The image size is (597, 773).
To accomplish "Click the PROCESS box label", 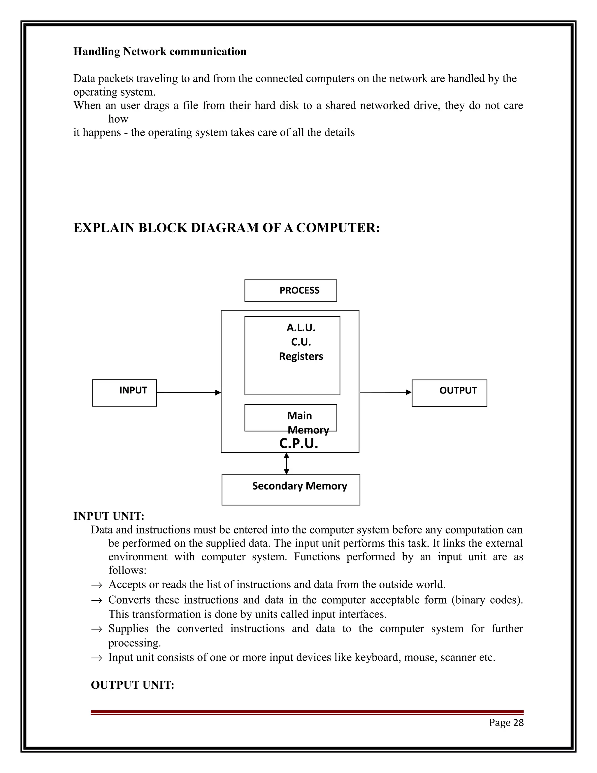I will (299, 290).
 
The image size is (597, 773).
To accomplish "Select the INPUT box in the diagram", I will (124, 393).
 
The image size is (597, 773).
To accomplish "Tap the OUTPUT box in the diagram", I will (449, 393).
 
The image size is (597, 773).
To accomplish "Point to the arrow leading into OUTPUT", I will (385, 392).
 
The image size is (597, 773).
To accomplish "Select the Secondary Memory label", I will (299, 486).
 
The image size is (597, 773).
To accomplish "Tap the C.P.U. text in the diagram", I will (298, 443).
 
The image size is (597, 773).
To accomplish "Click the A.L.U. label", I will (301, 328).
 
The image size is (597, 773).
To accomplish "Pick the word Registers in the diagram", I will (301, 356).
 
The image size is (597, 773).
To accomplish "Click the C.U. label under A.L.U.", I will (301, 342).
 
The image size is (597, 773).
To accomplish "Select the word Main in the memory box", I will (299, 415).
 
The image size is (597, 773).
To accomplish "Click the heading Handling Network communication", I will (159, 52).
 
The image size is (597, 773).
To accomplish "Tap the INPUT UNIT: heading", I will (108, 516).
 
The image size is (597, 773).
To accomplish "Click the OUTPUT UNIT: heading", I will (132, 685).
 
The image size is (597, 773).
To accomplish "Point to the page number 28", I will (518, 723).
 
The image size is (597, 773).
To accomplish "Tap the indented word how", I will (118, 119).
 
